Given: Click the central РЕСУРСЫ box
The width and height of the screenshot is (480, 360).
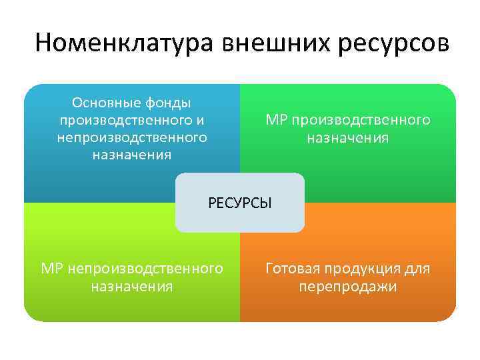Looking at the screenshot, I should tap(240, 203).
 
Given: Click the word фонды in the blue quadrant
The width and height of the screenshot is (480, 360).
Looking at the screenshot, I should tap(169, 103).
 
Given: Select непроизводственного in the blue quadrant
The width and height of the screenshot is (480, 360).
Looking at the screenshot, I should tap(132, 138).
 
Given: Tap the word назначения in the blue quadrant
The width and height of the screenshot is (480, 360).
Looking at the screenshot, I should tap(132, 155).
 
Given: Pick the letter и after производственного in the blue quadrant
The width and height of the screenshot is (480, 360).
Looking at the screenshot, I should tap(200, 121).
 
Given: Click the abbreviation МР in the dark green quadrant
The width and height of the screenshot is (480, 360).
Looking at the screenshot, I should tap(275, 121).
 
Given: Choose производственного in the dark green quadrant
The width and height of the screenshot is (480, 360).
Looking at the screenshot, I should tap(360, 121).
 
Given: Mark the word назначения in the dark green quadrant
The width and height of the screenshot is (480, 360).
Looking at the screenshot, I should tap(348, 138).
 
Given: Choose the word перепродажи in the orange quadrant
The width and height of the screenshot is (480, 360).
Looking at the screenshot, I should tap(348, 287).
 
